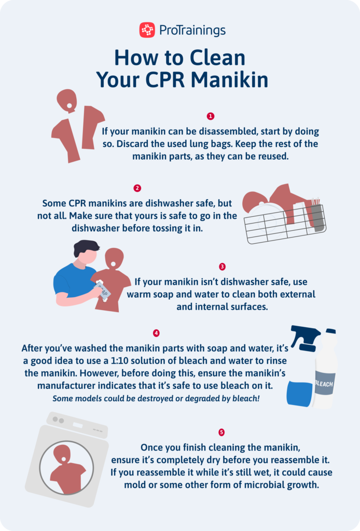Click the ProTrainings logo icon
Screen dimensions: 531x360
[x=147, y=30]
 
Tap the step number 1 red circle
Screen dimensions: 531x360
[x=210, y=116]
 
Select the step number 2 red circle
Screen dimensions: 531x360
[x=137, y=188]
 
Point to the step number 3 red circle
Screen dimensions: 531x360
[x=222, y=267]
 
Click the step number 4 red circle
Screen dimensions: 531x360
[x=156, y=333]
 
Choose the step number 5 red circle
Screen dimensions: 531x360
[x=221, y=432]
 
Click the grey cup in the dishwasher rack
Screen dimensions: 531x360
[x=316, y=218]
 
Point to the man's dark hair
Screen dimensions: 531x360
[x=86, y=248]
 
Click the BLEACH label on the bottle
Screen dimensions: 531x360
[x=324, y=384]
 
